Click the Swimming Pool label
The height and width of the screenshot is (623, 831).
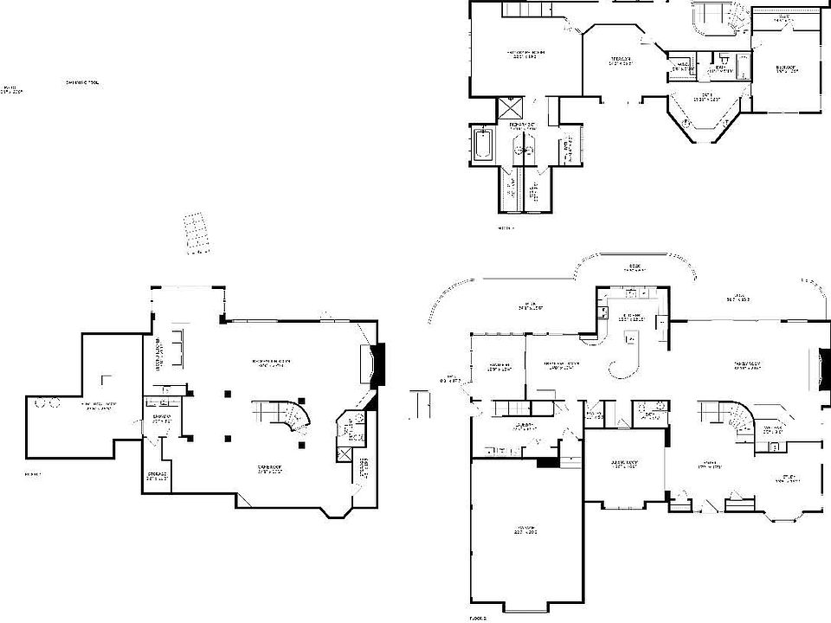[82, 83]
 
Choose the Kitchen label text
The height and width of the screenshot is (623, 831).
[628, 317]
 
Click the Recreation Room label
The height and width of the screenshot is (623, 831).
[270, 363]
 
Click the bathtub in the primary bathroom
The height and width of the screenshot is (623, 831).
[484, 144]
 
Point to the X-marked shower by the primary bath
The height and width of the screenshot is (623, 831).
[511, 110]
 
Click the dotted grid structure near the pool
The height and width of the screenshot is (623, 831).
[197, 231]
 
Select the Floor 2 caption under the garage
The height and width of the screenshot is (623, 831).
[478, 617]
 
